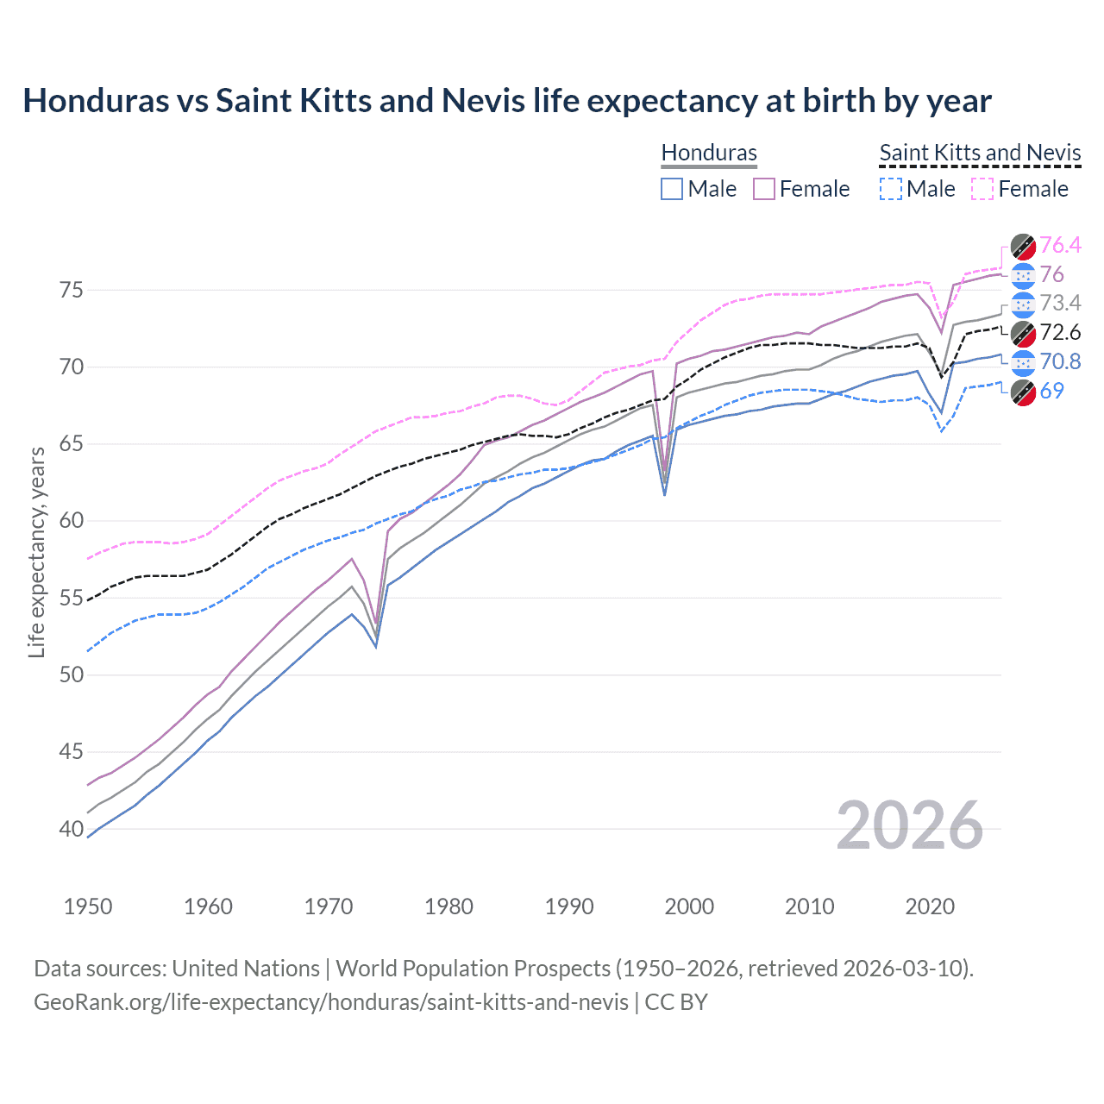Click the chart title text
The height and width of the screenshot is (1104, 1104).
pyautogui.click(x=507, y=101)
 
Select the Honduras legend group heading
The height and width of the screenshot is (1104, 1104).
pyautogui.click(x=709, y=153)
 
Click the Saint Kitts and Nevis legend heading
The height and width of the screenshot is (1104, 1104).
pyautogui.click(x=980, y=153)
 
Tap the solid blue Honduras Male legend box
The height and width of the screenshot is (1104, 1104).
pyautogui.click(x=672, y=189)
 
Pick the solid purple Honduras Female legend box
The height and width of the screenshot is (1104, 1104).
pyautogui.click(x=764, y=189)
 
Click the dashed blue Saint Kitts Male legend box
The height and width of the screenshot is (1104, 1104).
pyautogui.click(x=891, y=189)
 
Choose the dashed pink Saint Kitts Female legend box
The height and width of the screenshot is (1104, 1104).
pyautogui.click(x=982, y=189)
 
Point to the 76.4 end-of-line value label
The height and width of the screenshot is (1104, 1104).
pyautogui.click(x=1060, y=246)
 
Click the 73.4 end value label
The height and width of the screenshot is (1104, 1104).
pyautogui.click(x=1060, y=304)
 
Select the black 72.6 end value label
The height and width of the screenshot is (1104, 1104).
pyautogui.click(x=1060, y=333)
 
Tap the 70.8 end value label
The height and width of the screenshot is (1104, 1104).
pyautogui.click(x=1060, y=361)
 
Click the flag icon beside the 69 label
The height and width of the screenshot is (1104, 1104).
pyautogui.click(x=1023, y=392)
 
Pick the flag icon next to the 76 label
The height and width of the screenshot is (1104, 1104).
pyautogui.click(x=1023, y=275)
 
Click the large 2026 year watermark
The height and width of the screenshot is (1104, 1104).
pyautogui.click(x=909, y=825)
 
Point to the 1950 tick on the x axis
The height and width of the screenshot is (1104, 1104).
pyautogui.click(x=88, y=906)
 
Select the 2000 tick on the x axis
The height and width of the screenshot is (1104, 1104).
pyautogui.click(x=689, y=906)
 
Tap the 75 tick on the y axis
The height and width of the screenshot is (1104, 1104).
pyautogui.click(x=72, y=290)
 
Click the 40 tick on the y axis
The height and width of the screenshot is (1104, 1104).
pyautogui.click(x=72, y=829)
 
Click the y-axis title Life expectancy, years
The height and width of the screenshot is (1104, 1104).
pyautogui.click(x=36, y=552)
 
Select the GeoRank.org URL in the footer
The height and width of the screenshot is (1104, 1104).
pyautogui.click(x=331, y=1002)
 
